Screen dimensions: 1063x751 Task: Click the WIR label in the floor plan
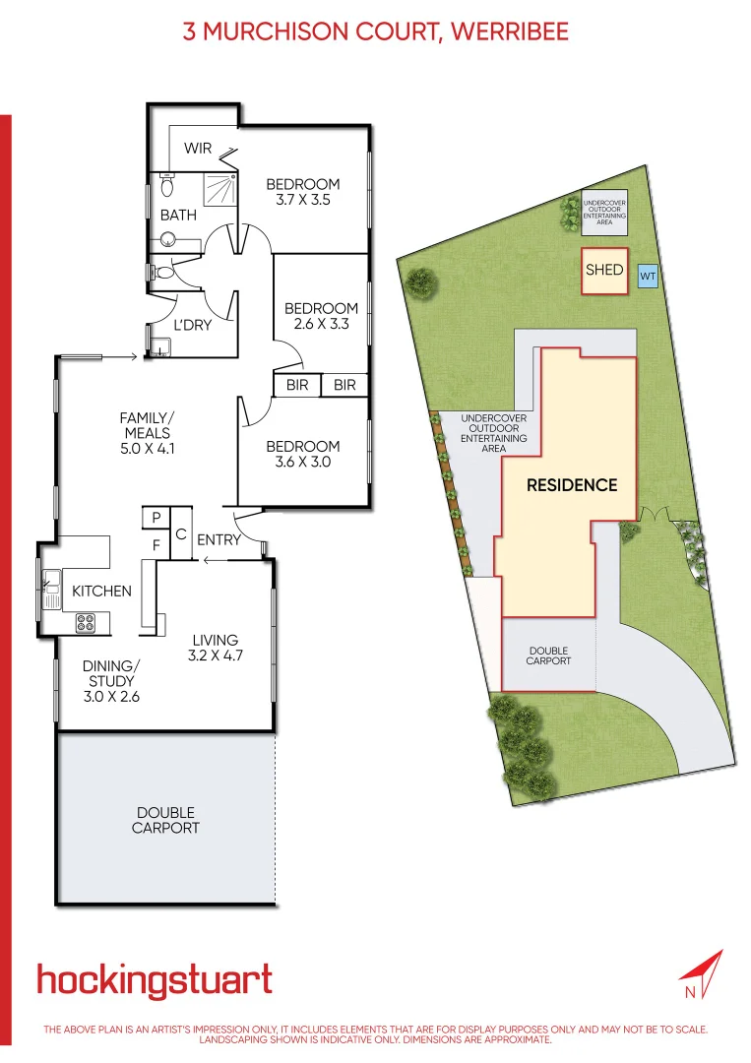pos(198,149)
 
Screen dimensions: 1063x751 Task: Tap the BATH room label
pos(178,215)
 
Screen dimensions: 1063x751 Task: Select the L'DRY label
pos(193,325)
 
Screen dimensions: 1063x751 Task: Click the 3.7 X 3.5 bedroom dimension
pos(303,199)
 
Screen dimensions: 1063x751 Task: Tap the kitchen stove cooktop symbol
pos(86,621)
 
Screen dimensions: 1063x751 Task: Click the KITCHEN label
pos(102,591)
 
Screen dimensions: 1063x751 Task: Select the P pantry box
pos(156,517)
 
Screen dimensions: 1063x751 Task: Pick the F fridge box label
pos(156,543)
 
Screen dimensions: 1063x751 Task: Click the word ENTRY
pos(219,539)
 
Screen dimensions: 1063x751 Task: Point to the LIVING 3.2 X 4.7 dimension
pos(216,656)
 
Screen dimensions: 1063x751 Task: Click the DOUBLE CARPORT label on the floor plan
pos(165,820)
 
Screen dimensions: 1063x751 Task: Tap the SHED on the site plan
pos(604,269)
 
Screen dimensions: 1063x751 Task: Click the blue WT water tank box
pos(647,277)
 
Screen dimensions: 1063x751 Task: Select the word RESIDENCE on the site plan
pos(572,484)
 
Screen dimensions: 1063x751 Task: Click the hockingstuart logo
pos(155,980)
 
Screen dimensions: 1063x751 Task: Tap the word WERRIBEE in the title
pos(510,31)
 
